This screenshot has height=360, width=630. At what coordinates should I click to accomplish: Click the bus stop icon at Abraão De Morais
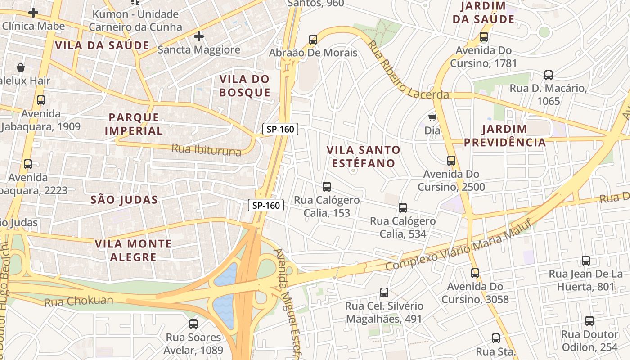313,39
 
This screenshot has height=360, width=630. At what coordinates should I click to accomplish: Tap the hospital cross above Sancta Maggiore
198,36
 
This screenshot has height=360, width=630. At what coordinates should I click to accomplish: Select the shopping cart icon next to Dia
432,118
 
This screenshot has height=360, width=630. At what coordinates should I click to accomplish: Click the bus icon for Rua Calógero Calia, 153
327,186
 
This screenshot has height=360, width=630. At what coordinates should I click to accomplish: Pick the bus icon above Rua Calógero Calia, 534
403,207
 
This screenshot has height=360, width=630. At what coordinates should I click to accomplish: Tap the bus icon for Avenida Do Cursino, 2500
451,160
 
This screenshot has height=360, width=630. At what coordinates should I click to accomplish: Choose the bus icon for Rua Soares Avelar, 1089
193,324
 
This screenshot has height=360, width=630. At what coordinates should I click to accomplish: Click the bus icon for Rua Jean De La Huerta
585,260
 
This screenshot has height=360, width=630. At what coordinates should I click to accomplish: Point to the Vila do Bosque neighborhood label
245,86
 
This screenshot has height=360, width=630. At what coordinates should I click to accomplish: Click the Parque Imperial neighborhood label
134,124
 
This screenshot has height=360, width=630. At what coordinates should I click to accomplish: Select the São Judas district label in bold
124,200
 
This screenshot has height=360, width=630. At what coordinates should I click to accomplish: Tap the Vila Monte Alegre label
133,251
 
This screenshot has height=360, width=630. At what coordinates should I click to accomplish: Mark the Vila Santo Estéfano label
363,156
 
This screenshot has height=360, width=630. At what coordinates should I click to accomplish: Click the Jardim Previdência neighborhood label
504,136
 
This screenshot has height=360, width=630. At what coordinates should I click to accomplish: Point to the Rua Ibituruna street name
207,149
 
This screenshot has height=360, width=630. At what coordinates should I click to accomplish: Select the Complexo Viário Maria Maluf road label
459,245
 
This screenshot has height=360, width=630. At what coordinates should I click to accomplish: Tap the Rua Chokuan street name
79,301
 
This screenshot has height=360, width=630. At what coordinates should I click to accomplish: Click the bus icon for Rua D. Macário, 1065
548,75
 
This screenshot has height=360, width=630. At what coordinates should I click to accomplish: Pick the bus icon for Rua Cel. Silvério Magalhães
384,292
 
